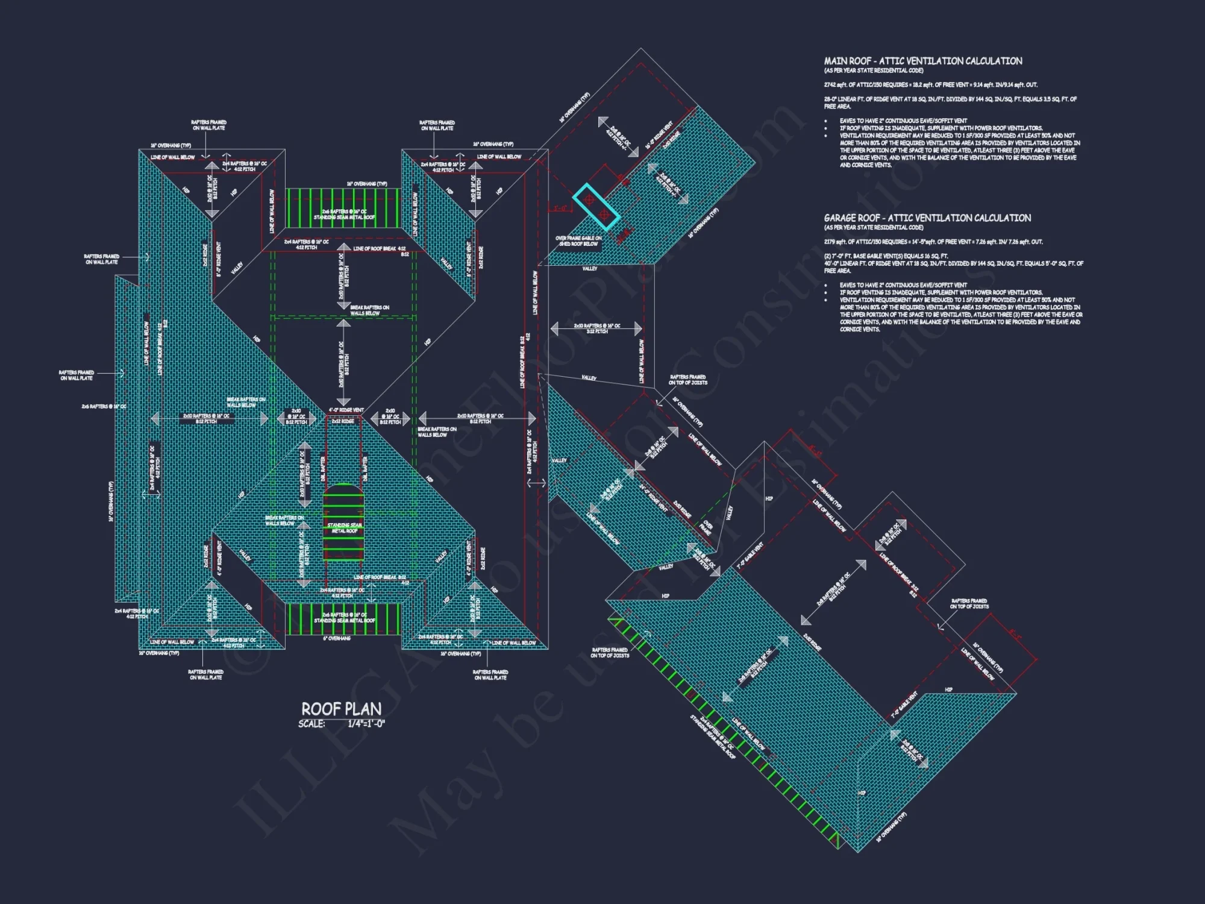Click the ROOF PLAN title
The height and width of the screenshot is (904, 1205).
(341, 709)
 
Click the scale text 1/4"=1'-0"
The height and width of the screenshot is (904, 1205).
(366, 724)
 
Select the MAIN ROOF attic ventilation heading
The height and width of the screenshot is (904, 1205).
(922, 61)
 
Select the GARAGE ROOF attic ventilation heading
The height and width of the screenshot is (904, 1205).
(927, 218)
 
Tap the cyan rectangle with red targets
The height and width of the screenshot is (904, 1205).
(596, 207)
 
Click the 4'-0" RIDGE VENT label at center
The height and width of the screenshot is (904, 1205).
(346, 410)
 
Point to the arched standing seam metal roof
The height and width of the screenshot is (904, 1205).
(344, 521)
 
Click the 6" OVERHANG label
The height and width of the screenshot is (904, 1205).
(337, 638)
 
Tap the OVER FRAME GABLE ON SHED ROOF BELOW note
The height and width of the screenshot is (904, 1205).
(578, 241)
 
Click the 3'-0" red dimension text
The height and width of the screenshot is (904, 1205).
(560, 209)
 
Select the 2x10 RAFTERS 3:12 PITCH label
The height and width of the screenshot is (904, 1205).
(596, 328)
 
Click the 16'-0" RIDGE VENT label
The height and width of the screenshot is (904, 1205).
(659, 135)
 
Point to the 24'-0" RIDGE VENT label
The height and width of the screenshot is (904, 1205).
(653, 498)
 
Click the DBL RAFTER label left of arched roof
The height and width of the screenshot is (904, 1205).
(323, 469)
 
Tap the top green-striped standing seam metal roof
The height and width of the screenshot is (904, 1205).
(343, 208)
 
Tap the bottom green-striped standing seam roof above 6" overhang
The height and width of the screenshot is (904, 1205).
(343, 618)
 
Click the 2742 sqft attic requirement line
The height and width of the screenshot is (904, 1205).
(930, 85)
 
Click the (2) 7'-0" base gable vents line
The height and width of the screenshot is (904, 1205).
(886, 256)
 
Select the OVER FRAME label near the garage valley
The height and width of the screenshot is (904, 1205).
(706, 528)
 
